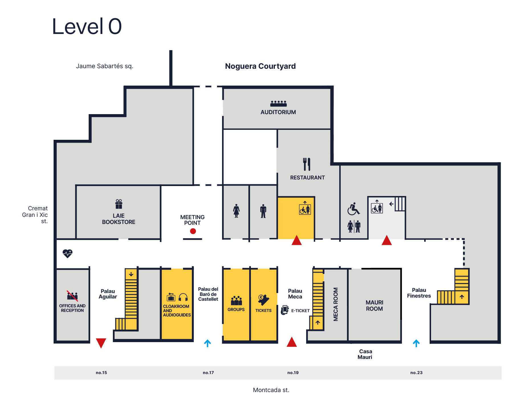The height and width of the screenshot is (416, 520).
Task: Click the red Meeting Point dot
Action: pos(193,231)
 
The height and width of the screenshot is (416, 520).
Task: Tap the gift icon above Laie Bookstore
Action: pos(119,204)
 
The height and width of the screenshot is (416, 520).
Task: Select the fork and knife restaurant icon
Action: pos(307,164)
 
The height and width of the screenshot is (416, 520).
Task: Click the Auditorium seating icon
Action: pos(278,104)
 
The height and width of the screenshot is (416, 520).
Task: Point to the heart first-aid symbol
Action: pos(68,253)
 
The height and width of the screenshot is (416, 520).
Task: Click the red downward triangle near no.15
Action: pos(101,343)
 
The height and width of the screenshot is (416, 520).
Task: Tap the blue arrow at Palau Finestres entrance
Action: pos(416,343)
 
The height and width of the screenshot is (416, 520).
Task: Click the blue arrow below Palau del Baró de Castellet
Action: pos(208,343)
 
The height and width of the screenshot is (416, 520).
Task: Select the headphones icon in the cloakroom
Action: pos(183,298)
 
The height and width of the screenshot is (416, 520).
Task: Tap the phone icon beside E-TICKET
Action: pos(285,310)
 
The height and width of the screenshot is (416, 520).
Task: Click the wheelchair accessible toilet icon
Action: pos(354,209)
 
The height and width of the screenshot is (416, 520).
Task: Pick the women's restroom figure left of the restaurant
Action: pos(236,211)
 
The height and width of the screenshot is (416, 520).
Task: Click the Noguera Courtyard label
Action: pos(260,66)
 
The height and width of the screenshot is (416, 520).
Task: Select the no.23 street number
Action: pos(416,373)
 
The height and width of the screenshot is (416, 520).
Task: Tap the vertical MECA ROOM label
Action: pos(336,304)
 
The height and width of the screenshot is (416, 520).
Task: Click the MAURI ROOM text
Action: pos(374,306)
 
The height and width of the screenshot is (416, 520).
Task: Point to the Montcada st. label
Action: pos(271,390)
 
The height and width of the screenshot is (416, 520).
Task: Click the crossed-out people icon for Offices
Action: pos(72,296)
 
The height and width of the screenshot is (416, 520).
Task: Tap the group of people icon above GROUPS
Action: pos(236,300)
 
